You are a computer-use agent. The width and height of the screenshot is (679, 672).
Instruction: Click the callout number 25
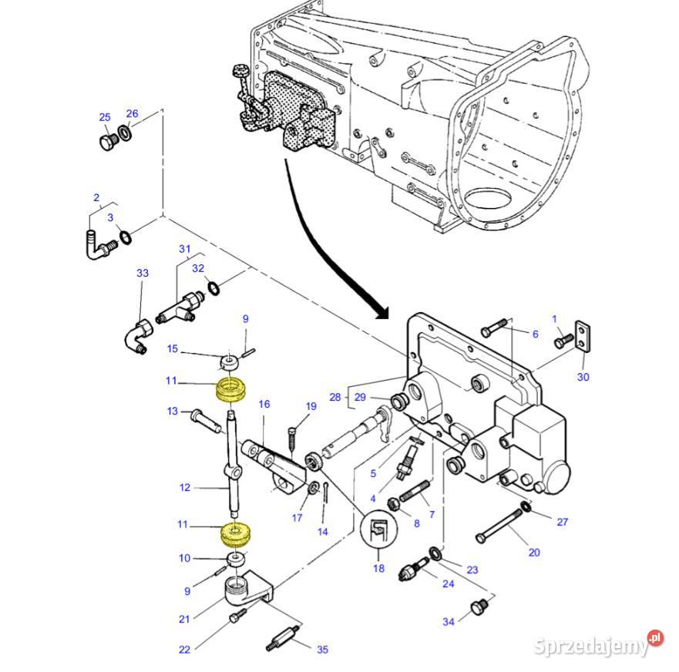(104, 117)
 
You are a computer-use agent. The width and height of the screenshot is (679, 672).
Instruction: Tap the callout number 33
(142, 274)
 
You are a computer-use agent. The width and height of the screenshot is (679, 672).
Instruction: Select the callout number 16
(264, 404)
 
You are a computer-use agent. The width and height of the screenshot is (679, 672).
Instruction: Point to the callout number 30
(583, 377)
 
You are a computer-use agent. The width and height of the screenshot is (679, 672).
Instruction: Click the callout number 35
(322, 650)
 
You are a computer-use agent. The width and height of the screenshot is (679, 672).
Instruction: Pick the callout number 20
(534, 552)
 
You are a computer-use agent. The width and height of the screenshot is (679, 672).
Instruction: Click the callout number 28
(334, 397)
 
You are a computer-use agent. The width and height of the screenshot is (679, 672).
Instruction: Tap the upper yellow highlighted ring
(230, 389)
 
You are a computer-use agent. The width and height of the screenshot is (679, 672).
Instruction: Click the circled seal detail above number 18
(378, 531)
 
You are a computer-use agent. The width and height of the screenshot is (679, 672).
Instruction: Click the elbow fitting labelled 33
(139, 338)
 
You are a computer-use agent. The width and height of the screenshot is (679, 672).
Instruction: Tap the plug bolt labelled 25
(107, 143)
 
